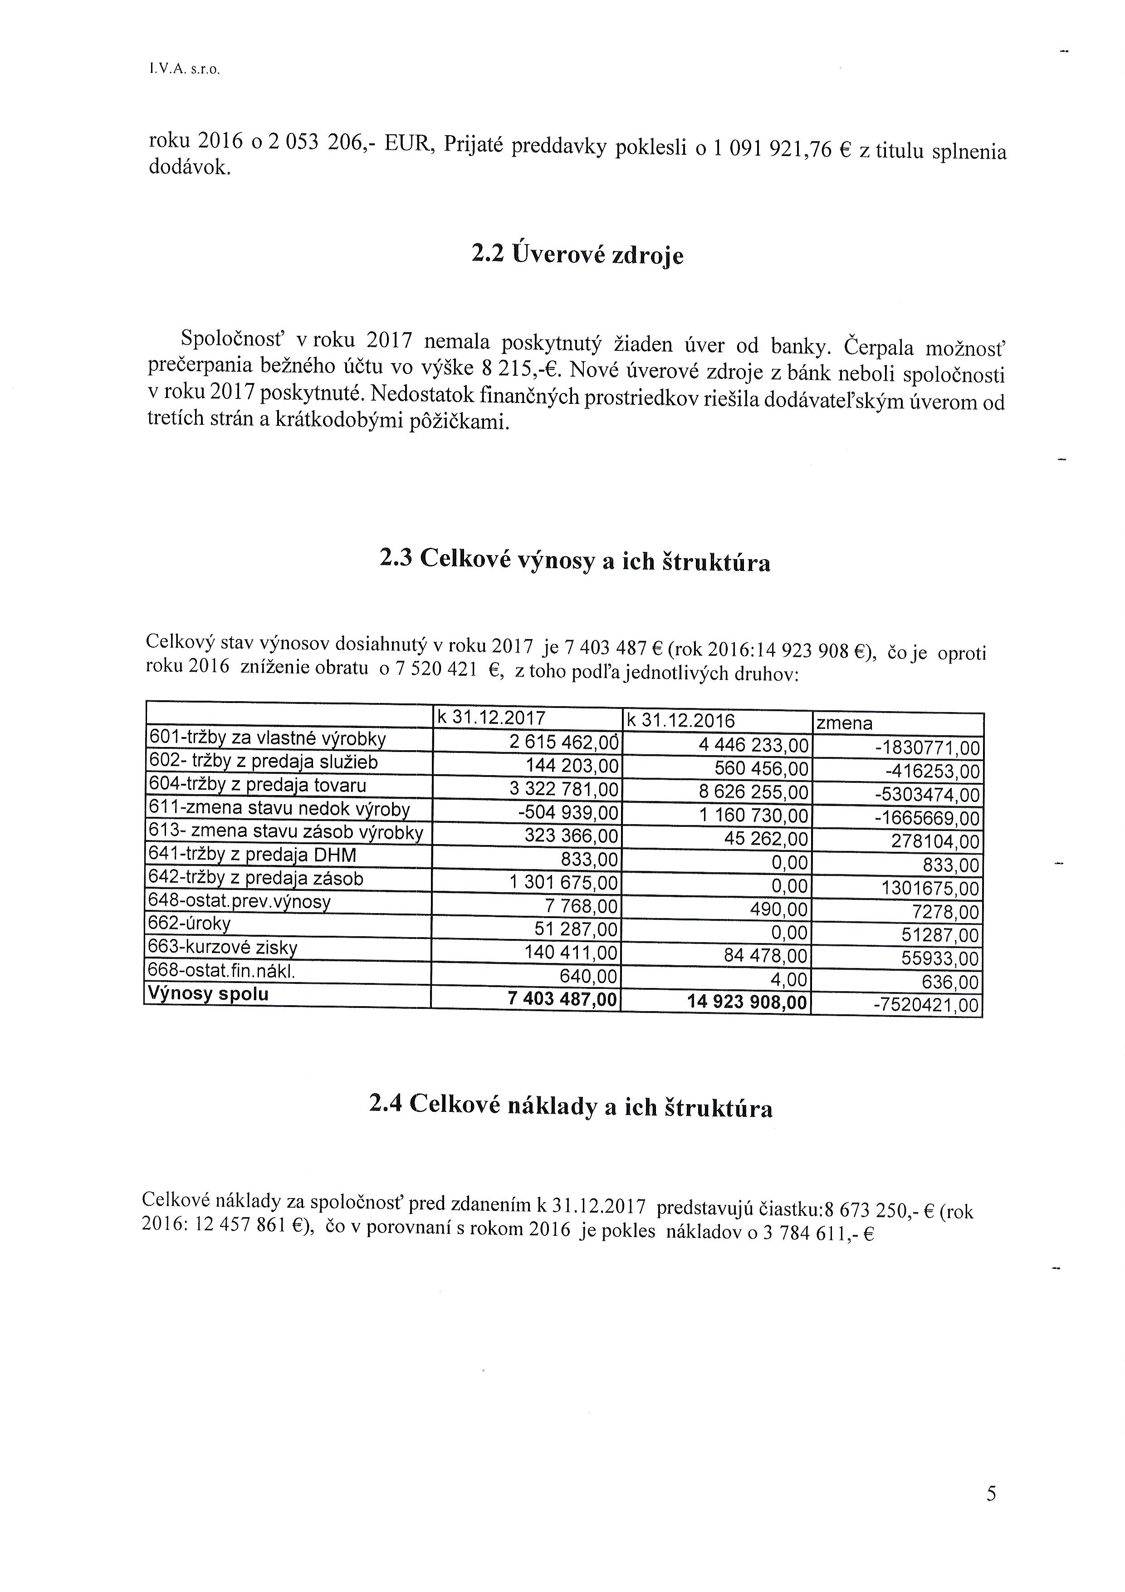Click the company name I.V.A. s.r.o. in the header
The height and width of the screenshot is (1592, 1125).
coord(184,70)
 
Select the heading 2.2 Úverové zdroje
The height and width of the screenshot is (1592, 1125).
coord(577,255)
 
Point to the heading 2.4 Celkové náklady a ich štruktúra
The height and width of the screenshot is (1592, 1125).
coord(571,1106)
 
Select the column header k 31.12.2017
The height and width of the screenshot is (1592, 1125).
coord(491,717)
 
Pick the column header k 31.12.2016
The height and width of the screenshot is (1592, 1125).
coord(680,720)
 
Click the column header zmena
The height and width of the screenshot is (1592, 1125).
coord(845,724)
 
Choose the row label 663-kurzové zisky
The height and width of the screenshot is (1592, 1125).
coord(223,948)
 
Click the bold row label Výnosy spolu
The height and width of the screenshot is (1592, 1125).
coord(209,994)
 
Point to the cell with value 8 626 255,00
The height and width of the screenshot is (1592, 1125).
coord(754,792)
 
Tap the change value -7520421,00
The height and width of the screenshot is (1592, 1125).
coord(926,1005)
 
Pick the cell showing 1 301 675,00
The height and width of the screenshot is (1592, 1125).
coord(563,884)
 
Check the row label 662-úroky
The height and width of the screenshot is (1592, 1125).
coord(190,924)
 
